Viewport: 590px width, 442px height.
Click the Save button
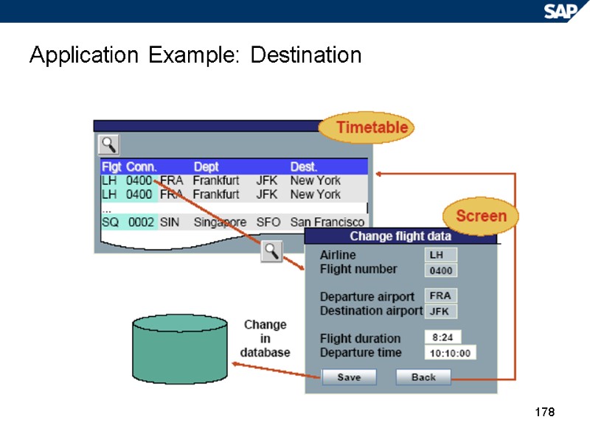coord(349,377)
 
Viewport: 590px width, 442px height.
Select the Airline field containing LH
coord(441,255)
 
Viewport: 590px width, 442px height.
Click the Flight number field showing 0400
coord(442,270)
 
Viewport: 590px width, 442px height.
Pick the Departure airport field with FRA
coord(441,295)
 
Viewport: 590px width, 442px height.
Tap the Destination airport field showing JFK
coord(441,311)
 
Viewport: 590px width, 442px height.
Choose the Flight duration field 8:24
coord(447,337)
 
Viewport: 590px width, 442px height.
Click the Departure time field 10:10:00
coord(450,353)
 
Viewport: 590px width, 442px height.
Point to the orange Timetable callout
coord(367,127)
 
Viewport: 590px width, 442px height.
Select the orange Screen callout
coord(481,216)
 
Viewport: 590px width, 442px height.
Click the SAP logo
coord(561,10)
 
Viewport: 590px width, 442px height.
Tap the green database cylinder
coord(179,349)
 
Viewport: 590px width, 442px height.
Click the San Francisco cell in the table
coord(327,222)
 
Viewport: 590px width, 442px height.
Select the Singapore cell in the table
coord(220,222)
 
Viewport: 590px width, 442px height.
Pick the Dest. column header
coord(304,166)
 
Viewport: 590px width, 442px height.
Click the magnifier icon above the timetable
coord(109,144)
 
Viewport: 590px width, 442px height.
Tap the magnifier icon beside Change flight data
coord(272,251)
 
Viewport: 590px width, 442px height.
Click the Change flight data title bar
coord(400,236)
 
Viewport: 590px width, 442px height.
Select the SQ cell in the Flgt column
coord(109,222)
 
